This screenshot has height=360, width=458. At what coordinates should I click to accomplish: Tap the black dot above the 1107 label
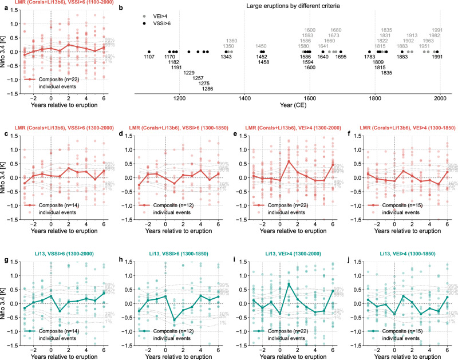[149, 52]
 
